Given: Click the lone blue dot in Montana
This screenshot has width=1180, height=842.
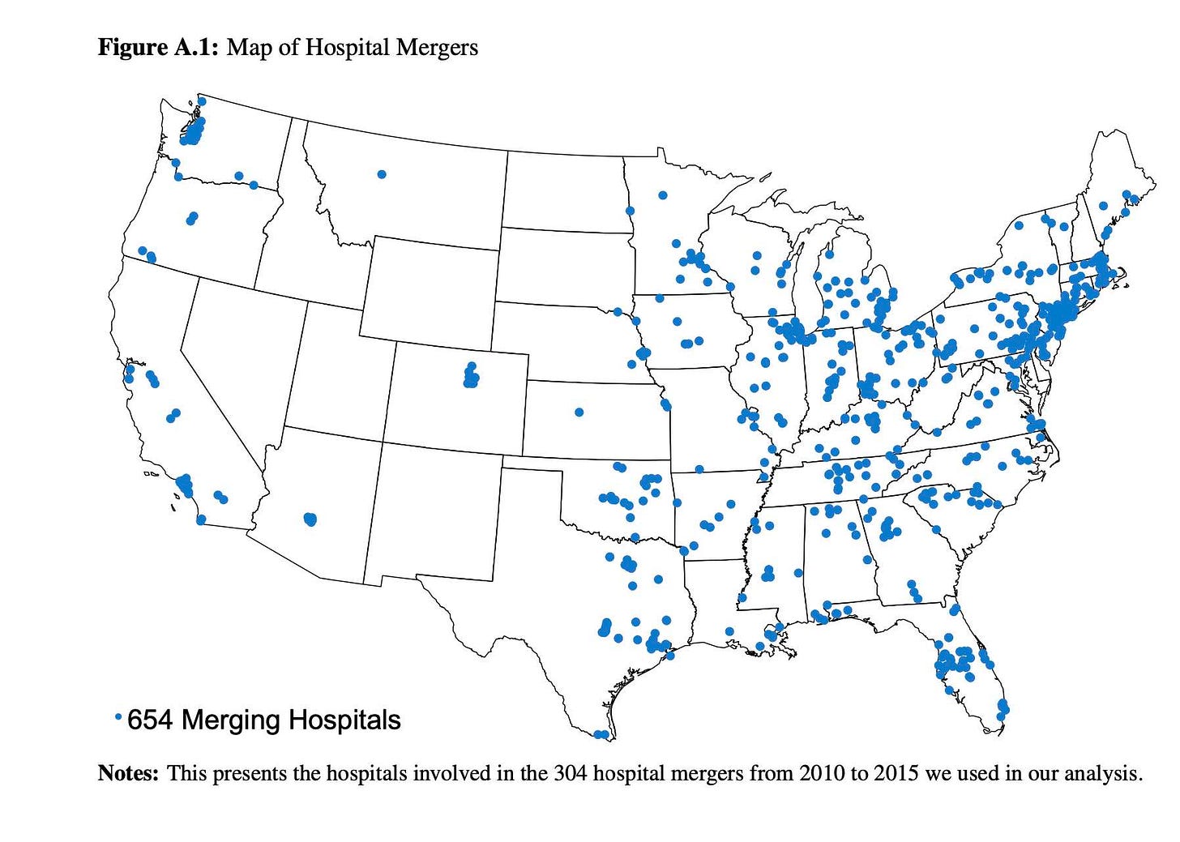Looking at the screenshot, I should click(382, 174).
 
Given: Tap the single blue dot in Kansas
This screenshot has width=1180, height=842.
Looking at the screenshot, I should click(579, 412).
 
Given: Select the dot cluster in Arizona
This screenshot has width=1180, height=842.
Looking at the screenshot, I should click(310, 519).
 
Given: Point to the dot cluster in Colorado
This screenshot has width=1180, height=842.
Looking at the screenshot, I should click(471, 377).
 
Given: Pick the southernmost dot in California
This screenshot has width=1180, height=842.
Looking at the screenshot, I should click(201, 519).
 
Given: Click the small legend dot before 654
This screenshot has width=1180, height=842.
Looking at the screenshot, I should click(118, 716).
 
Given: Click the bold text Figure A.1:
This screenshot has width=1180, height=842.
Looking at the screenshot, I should click(158, 48).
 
